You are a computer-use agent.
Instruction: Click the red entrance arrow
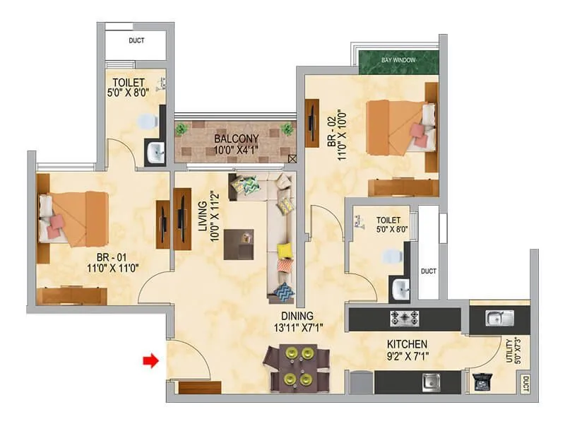(x=149, y=361)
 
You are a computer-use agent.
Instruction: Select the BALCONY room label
(x=237, y=139)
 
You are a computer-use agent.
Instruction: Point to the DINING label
(x=296, y=316)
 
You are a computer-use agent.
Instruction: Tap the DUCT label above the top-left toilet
(x=136, y=41)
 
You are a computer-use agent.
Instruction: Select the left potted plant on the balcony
(x=182, y=129)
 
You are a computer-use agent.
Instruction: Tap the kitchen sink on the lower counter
(x=431, y=382)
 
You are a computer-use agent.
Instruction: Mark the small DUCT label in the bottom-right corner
(x=524, y=384)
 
